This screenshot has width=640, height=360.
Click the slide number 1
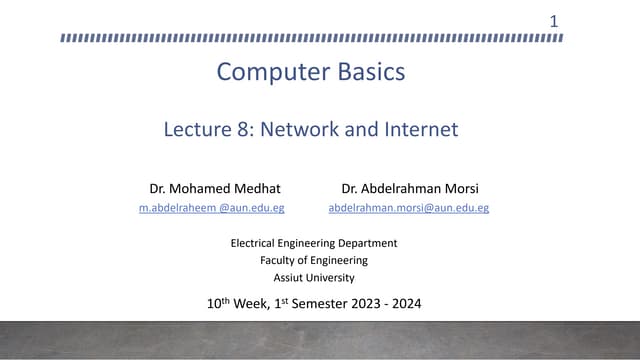[554, 20]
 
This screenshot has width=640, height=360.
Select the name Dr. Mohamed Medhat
[215, 188]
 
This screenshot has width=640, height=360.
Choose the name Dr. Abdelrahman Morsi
[408, 188]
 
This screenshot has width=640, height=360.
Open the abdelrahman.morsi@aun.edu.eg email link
[408, 208]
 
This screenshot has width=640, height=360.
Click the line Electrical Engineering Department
[314, 243]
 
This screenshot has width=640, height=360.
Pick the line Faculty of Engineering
[314, 260]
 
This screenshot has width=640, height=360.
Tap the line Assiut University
[314, 278]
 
